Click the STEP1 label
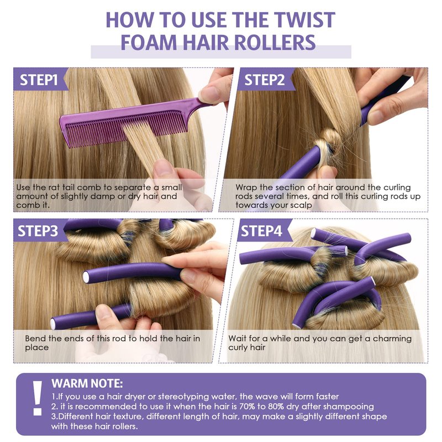click(x=39, y=80)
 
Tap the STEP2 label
click(x=265, y=80)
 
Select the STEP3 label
click(x=38, y=231)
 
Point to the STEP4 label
click(x=261, y=231)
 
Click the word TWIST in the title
click(x=305, y=20)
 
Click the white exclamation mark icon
click(x=37, y=398)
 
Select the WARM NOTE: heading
click(x=87, y=383)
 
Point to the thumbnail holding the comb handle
click(x=209, y=94)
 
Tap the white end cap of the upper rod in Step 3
click(x=86, y=277)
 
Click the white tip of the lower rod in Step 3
click(x=53, y=324)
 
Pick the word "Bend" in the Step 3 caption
click(x=35, y=338)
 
